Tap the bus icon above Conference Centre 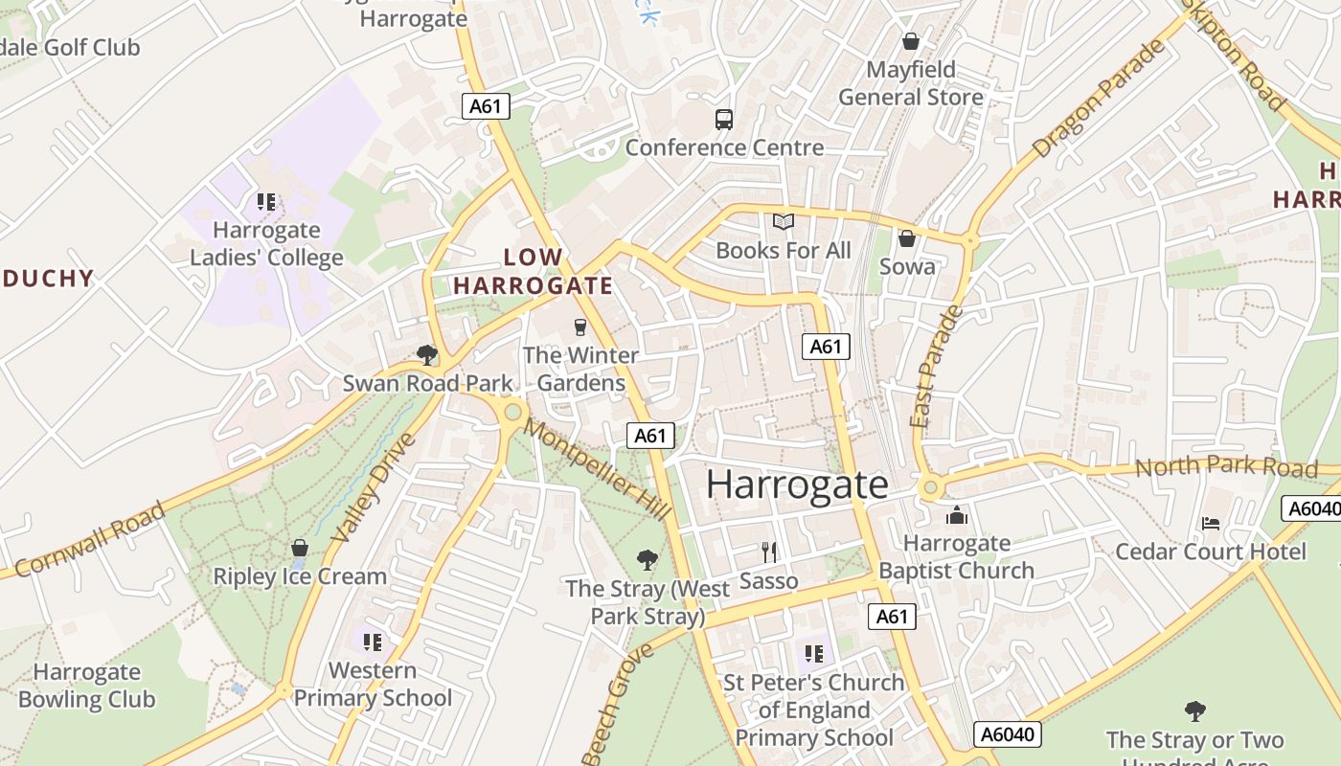pyautogui.click(x=724, y=120)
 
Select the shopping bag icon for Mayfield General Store pyautogui.click(x=910, y=41)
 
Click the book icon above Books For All pyautogui.click(x=784, y=222)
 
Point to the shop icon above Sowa pyautogui.click(x=906, y=238)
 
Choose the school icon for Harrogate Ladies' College pyautogui.click(x=266, y=202)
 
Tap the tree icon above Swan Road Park pyautogui.click(x=427, y=355)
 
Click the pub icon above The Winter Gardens pyautogui.click(x=580, y=327)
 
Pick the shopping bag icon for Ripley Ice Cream pyautogui.click(x=300, y=549)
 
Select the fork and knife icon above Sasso pyautogui.click(x=768, y=552)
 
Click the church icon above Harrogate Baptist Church pyautogui.click(x=956, y=516)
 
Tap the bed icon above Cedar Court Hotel pyautogui.click(x=1210, y=524)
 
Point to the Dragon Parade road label pyautogui.click(x=1100, y=100)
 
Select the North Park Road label pyautogui.click(x=1226, y=466)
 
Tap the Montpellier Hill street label pyautogui.click(x=598, y=471)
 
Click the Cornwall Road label pyautogui.click(x=91, y=538)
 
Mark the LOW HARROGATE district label pyautogui.click(x=533, y=271)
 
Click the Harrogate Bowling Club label pyautogui.click(x=86, y=686)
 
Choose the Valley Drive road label pyautogui.click(x=375, y=488)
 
